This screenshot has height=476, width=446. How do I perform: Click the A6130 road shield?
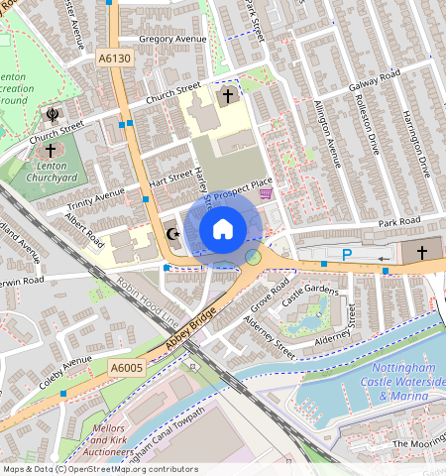(x=114, y=60)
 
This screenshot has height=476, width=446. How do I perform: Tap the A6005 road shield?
(x=126, y=368)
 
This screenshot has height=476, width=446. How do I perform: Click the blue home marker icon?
(x=223, y=229)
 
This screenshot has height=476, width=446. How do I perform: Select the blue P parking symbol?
(x=347, y=255)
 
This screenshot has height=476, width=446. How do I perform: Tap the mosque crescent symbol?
(x=172, y=235)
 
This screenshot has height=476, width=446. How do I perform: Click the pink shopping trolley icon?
(x=265, y=195)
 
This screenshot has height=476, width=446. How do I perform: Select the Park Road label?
(x=398, y=220)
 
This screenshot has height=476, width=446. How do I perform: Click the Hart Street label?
(x=168, y=178)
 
